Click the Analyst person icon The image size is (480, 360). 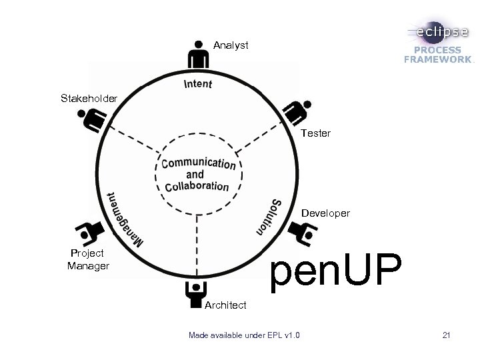click(x=198, y=55)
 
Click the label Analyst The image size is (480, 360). click(x=231, y=45)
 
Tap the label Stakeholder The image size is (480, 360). click(x=89, y=99)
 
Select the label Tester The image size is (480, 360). click(x=315, y=133)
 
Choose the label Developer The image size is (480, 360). click(x=325, y=213)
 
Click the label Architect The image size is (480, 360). click(x=225, y=305)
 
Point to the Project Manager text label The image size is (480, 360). click(x=88, y=259)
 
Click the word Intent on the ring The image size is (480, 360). click(x=197, y=84)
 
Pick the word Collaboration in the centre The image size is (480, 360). click(x=197, y=187)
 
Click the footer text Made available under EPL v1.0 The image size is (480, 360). click(x=244, y=335)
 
